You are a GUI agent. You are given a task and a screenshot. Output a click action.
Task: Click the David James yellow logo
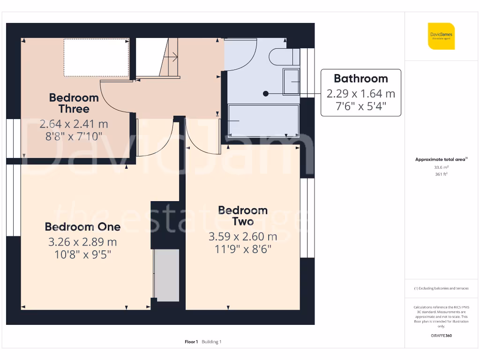[441, 36]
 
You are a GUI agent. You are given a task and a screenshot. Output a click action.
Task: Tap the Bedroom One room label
[82, 227]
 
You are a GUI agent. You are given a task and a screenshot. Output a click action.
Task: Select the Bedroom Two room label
[243, 216]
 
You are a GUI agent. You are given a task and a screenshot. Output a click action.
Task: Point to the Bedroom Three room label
[74, 103]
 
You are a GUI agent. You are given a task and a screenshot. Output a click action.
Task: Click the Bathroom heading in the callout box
[360, 78]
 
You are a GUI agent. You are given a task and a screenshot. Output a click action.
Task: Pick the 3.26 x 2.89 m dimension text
[82, 242]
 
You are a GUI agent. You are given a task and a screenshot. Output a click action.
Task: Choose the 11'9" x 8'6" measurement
[243, 249]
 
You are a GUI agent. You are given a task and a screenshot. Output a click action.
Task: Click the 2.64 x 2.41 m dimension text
[74, 124]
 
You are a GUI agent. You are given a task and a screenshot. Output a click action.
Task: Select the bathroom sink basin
[292, 82]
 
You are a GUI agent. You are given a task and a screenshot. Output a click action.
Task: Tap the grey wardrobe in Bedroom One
[167, 275]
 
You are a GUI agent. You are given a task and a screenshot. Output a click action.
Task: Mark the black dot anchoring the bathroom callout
[266, 94]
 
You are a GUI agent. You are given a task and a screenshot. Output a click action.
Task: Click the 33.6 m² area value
[441, 167]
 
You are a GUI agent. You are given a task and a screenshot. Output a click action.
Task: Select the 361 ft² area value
[441, 174]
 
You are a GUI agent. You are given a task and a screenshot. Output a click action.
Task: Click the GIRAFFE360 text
[441, 336]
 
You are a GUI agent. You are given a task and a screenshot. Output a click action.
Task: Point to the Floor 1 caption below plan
[191, 342]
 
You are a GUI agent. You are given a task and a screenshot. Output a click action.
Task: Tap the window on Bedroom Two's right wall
[307, 218]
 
